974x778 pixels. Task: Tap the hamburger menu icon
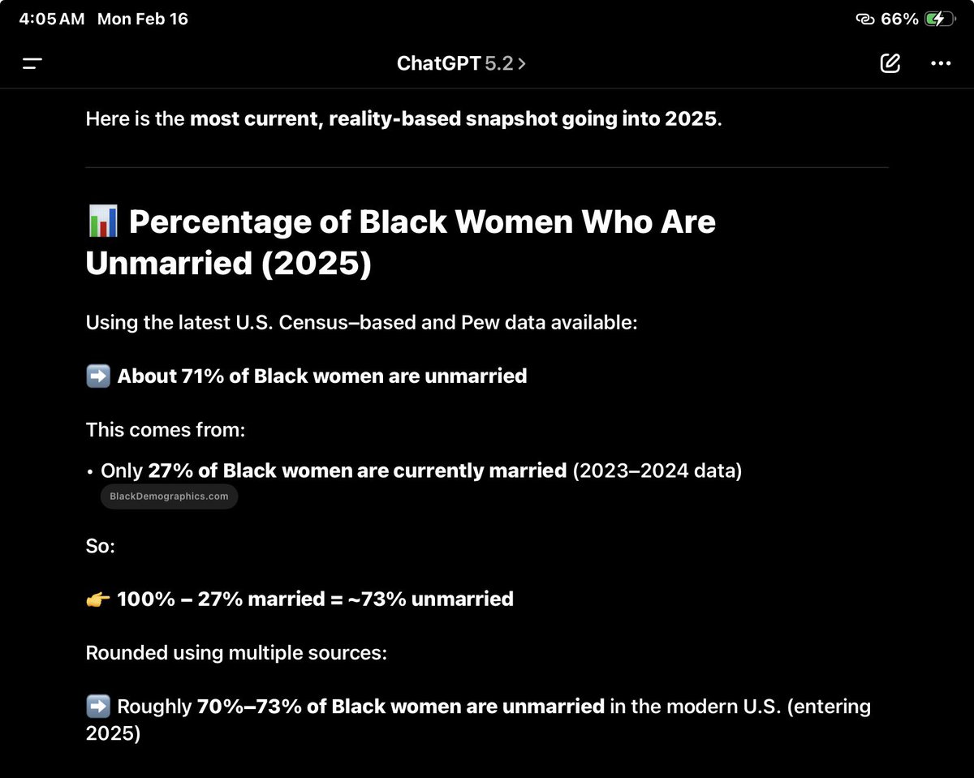pos(32,63)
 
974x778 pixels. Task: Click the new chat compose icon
pos(890,63)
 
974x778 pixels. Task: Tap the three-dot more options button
pos(941,63)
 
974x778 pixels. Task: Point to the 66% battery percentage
pos(899,19)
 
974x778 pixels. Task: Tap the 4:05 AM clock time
pos(51,19)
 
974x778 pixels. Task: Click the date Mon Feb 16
pos(142,19)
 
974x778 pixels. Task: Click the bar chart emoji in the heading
pos(102,222)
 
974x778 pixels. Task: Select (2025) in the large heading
pos(316,264)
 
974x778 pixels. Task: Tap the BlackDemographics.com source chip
pos(169,496)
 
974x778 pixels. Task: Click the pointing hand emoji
pos(97,600)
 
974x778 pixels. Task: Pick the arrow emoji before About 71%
pos(97,376)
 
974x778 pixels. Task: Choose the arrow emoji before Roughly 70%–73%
pos(97,707)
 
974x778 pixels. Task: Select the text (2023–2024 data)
pos(657,471)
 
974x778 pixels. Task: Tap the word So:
pos(101,547)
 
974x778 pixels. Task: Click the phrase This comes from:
pos(166,430)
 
